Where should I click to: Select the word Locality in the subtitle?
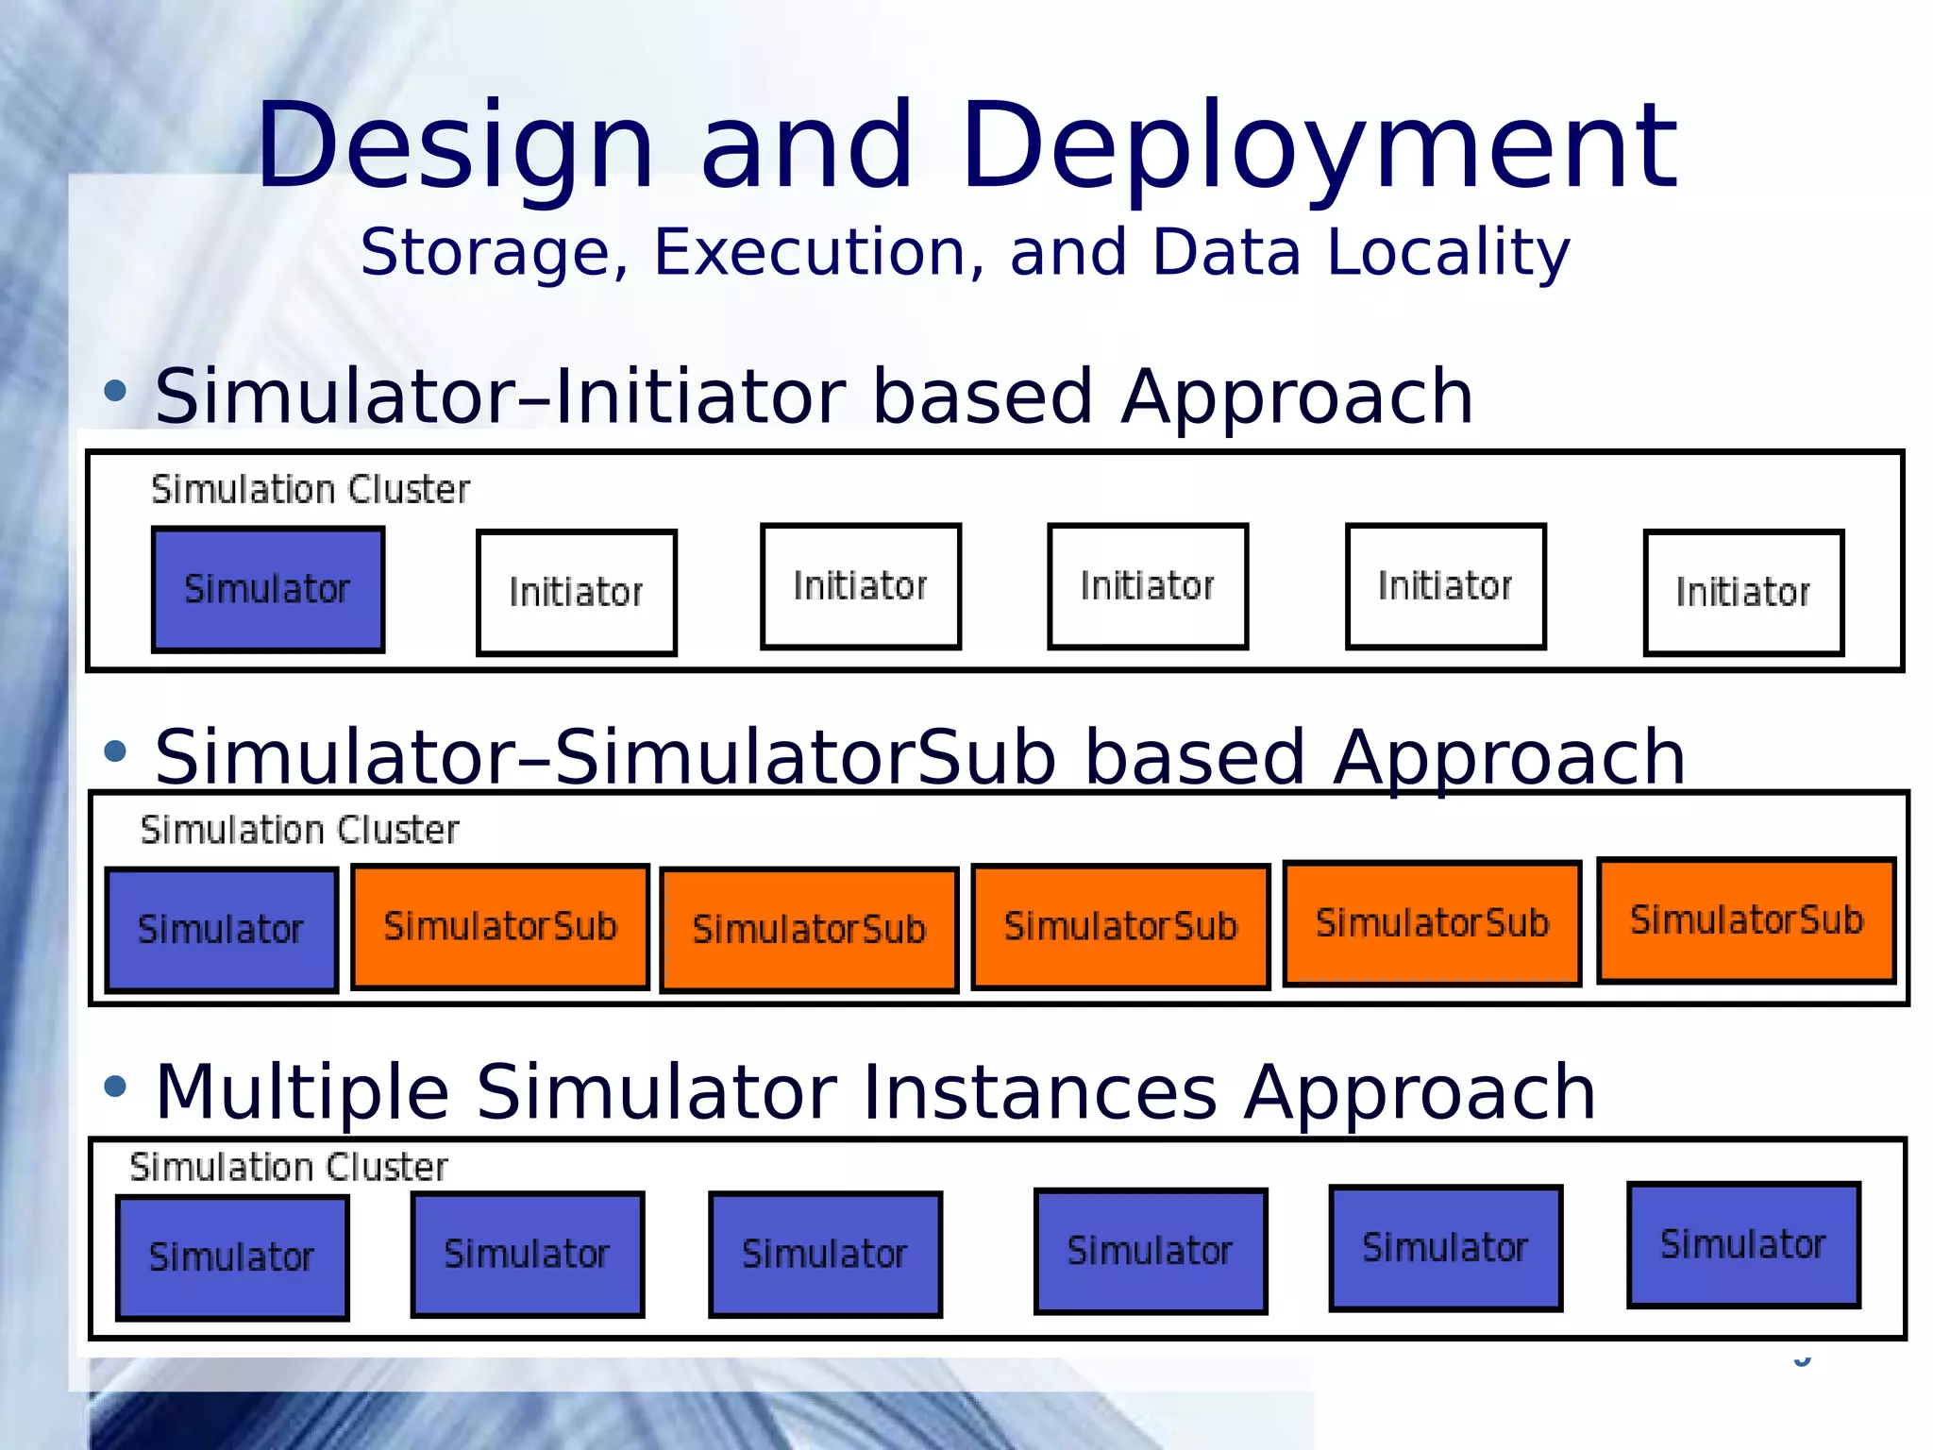pyautogui.click(x=1448, y=253)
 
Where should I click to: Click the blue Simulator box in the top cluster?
pyautogui.click(x=268, y=590)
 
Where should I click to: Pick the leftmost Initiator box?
pyautogui.click(x=577, y=593)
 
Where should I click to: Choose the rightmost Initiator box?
pyautogui.click(x=1743, y=593)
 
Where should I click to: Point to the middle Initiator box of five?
pyautogui.click(x=1148, y=586)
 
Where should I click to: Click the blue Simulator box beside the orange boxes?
pyautogui.click(x=221, y=930)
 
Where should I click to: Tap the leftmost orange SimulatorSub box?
pyautogui.click(x=500, y=926)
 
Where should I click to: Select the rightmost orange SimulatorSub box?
pyautogui.click(x=1746, y=920)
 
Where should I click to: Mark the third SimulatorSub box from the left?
pyautogui.click(x=1120, y=926)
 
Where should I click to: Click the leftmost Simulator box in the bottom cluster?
pyautogui.click(x=232, y=1257)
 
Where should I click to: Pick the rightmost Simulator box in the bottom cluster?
pyautogui.click(x=1743, y=1245)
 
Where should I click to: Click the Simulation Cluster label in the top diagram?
pyautogui.click(x=311, y=490)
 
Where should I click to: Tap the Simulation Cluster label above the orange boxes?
pyautogui.click(x=299, y=831)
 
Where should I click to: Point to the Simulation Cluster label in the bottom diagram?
pyautogui.click(x=289, y=1168)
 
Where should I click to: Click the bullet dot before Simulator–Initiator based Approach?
pyautogui.click(x=115, y=391)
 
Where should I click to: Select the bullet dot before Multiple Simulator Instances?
pyautogui.click(x=115, y=1087)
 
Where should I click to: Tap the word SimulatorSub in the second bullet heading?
pyautogui.click(x=805, y=758)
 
